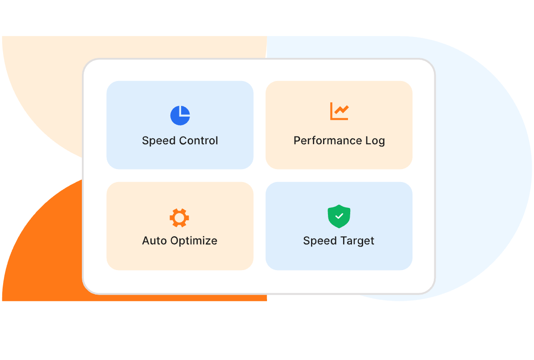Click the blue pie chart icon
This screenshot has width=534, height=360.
point(180,116)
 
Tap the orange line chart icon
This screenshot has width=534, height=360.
point(339,111)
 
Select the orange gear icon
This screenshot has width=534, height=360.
point(179,218)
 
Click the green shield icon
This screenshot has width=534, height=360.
point(339,216)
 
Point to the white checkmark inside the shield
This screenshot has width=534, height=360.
point(339,216)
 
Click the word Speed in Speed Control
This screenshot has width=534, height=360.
point(159,141)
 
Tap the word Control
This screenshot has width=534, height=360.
point(198,141)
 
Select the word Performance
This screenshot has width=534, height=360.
point(328,141)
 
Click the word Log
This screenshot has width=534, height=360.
point(375,141)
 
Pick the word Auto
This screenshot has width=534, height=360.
point(154,241)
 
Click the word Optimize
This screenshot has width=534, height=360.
point(194,241)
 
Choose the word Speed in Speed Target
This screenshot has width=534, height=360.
point(320,241)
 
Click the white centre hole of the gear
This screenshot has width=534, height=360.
point(179,218)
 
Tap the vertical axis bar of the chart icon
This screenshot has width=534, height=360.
point(332,111)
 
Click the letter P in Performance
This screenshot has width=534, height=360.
point(297,141)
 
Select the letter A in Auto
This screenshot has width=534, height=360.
point(146,241)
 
